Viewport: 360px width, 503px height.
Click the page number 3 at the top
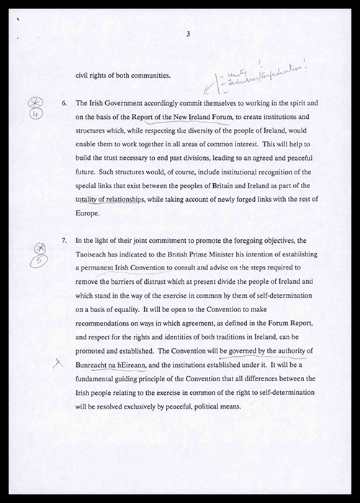(x=187, y=34)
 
